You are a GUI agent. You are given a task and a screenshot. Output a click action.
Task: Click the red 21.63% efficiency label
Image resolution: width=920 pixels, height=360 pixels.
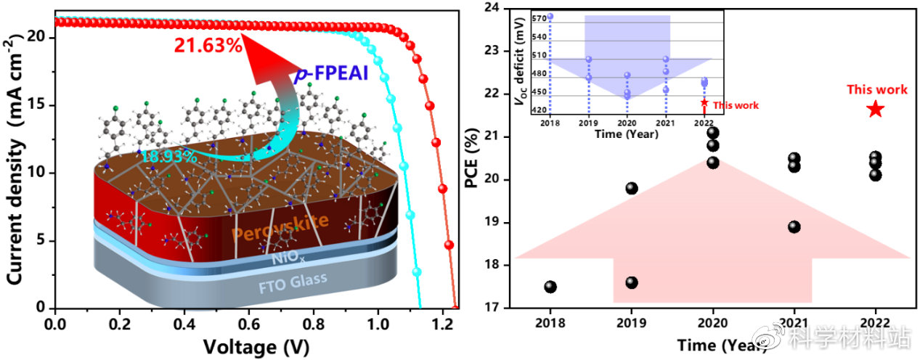coord(208,46)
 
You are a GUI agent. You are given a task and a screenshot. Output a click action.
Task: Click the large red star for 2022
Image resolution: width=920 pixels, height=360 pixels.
coord(876,110)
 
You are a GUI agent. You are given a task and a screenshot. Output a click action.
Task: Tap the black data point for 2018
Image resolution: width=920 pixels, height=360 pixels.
coord(550,287)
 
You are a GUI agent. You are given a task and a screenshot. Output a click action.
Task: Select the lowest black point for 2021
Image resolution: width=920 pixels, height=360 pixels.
coord(794,226)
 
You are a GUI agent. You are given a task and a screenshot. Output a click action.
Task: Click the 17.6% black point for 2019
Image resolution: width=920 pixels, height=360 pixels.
coord(632,282)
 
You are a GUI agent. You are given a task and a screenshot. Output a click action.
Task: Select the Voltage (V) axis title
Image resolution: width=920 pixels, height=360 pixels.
coord(251,345)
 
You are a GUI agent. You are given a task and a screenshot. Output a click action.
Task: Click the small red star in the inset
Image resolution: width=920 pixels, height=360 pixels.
coord(704,103)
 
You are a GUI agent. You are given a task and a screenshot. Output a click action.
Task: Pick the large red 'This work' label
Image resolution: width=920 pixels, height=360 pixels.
coord(876,90)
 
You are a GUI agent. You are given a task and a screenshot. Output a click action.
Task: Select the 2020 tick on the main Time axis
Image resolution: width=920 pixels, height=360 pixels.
coord(713,322)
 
